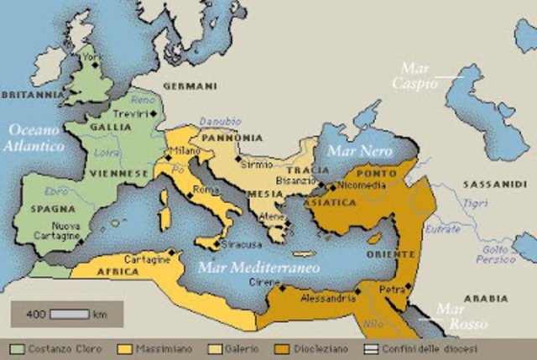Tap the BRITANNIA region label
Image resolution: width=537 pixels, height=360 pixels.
pyautogui.click(x=30, y=95)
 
